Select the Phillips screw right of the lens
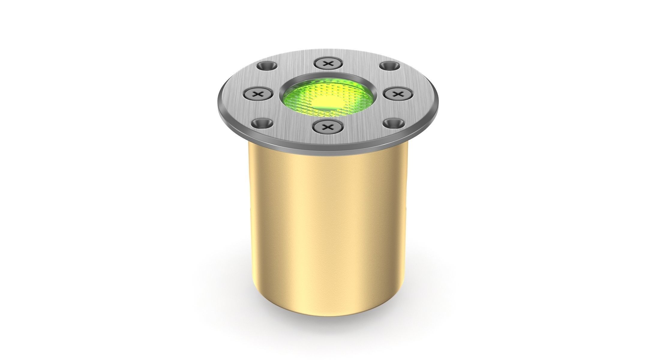click(x=398, y=94)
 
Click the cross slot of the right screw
click(x=398, y=94)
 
